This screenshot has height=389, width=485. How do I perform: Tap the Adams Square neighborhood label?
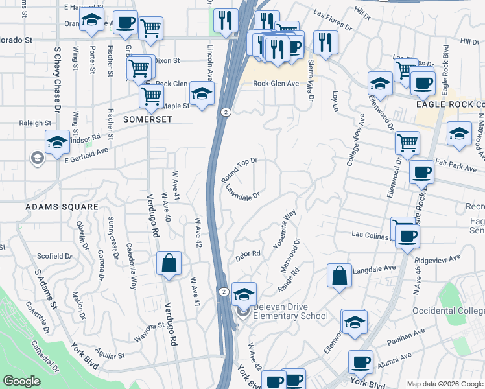(61, 207)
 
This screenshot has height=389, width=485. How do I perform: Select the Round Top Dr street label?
(239, 170)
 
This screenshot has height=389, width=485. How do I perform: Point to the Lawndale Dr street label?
(242, 192)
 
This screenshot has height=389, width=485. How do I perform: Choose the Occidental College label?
(448, 311)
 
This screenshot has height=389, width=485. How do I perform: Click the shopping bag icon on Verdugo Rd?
(169, 265)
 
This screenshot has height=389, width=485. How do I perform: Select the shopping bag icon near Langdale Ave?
(339, 276)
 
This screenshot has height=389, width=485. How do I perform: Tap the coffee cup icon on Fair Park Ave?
(421, 172)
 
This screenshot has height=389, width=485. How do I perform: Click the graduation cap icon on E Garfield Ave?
(57, 142)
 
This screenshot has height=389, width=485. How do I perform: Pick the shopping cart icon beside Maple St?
(151, 96)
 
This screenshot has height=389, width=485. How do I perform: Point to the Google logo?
(21, 381)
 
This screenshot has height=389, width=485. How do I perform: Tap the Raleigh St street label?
(36, 123)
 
